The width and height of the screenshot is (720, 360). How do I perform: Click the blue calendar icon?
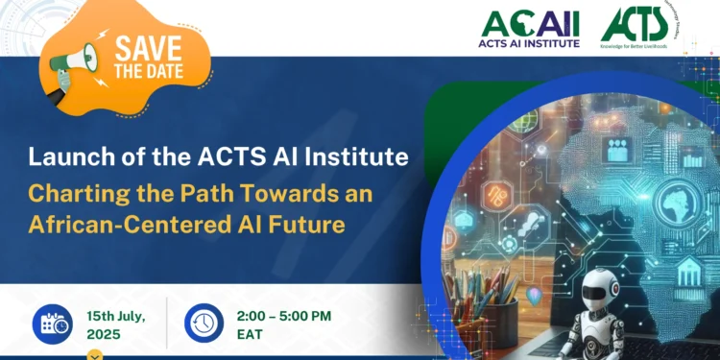click(51, 324)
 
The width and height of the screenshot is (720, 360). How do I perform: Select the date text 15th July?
click(120, 313)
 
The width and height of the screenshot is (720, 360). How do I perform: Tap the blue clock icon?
click(204, 324)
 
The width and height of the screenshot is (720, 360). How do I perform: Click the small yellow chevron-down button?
click(94, 355)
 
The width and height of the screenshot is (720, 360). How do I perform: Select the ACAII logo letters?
click(530, 23)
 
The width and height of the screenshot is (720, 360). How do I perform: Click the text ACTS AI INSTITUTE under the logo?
click(530, 43)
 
